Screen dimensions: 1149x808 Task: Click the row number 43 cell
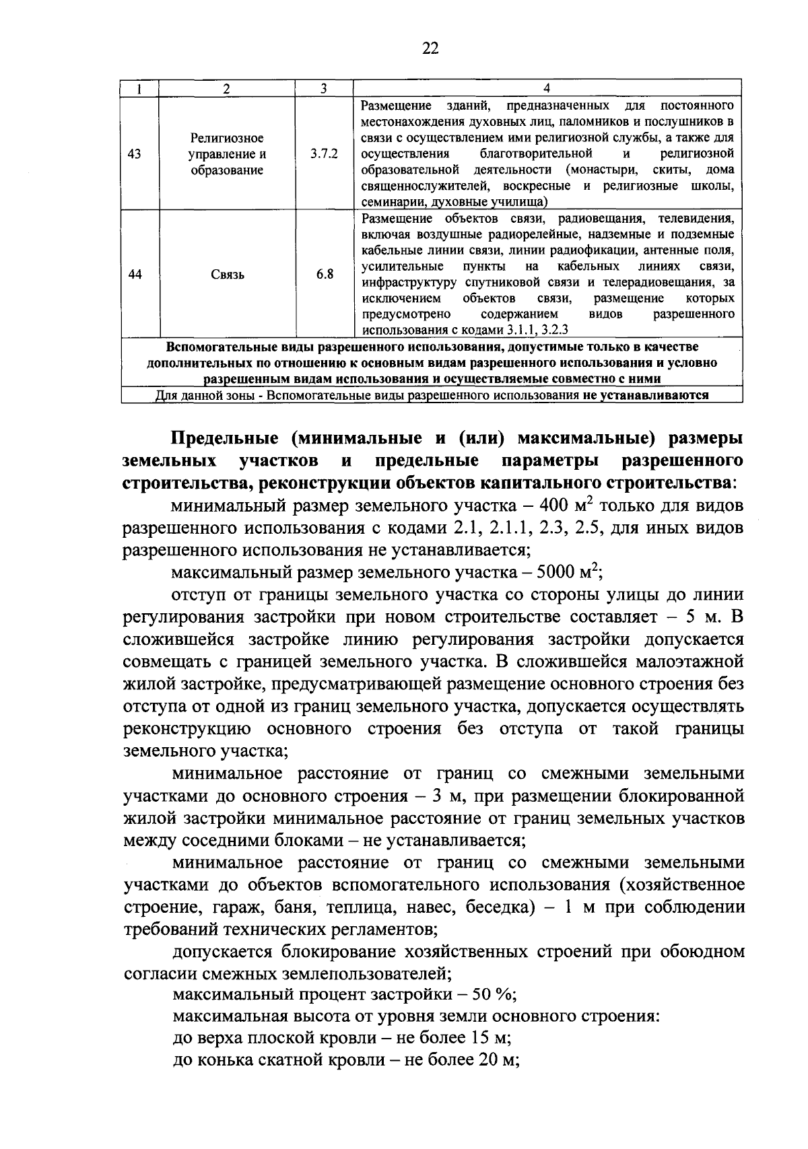[134, 154]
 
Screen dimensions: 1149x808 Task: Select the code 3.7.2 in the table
[324, 154]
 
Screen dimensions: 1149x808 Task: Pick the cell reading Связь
[226, 275]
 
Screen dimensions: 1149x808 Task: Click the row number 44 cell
[135, 274]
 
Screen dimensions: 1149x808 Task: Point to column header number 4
[547, 88]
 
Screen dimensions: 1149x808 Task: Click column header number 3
[324, 88]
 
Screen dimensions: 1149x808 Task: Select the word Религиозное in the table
[226, 139]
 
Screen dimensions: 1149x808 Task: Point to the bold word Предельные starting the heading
[221, 438]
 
